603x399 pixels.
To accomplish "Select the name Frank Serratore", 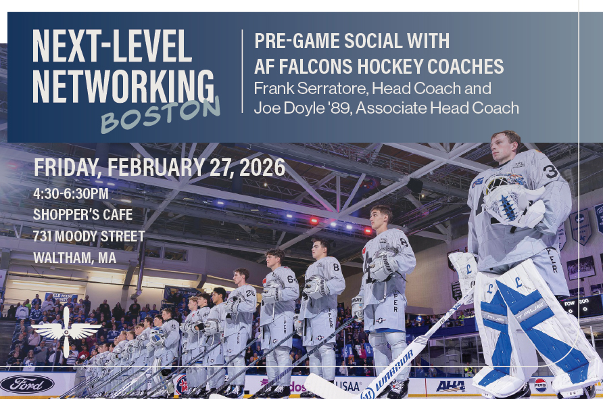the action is click(x=311, y=89).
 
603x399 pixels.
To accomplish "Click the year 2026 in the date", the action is click(x=262, y=168).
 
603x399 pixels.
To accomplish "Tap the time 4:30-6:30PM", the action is click(x=71, y=193).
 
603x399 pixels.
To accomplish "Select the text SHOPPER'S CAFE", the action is click(x=82, y=214).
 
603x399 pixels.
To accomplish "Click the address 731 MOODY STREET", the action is click(x=89, y=236).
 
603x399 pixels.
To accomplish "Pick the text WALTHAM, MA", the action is click(x=74, y=258).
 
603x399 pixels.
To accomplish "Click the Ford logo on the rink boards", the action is click(x=27, y=384).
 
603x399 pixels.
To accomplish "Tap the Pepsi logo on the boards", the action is click(x=541, y=385).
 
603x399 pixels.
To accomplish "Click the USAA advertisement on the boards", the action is click(x=348, y=385).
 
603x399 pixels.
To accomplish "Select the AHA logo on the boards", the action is click(x=450, y=385).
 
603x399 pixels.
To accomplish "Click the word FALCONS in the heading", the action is click(x=316, y=66).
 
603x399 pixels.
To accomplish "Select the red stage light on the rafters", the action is click(x=314, y=221).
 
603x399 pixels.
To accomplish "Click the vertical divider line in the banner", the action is click(x=242, y=71).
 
